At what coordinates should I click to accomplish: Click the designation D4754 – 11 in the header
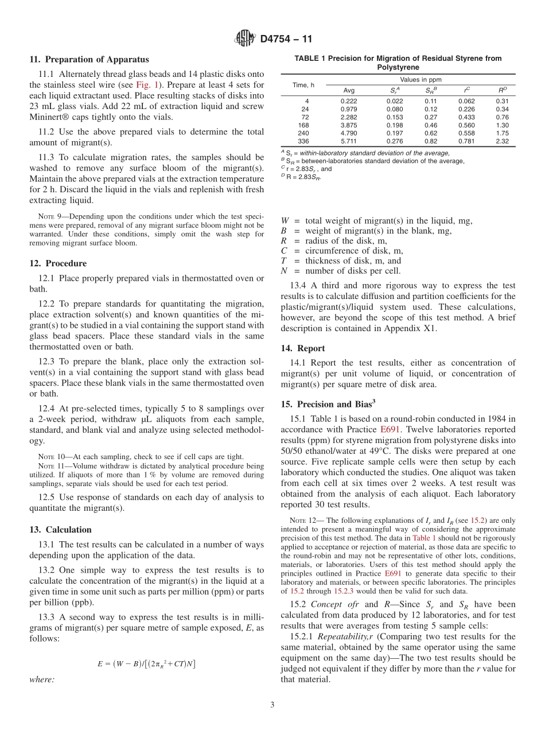(286, 40)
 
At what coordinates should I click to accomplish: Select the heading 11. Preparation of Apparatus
(89, 60)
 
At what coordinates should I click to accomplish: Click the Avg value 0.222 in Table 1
(348, 101)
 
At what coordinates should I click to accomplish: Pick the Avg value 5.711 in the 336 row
(348, 141)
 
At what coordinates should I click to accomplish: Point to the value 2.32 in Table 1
(502, 141)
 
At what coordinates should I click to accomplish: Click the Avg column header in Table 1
(349, 90)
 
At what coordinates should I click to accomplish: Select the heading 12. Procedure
(58, 263)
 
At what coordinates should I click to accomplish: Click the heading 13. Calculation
(60, 530)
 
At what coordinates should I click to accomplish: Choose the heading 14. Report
(302, 348)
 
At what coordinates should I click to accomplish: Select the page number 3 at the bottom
(272, 705)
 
